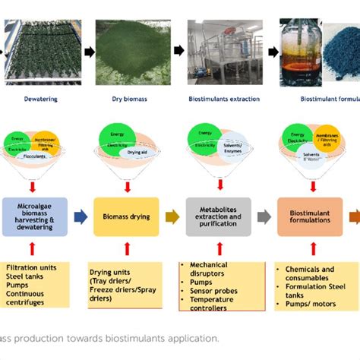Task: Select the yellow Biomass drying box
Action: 126,216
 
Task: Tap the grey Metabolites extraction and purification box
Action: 218,216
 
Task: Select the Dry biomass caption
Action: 123,98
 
